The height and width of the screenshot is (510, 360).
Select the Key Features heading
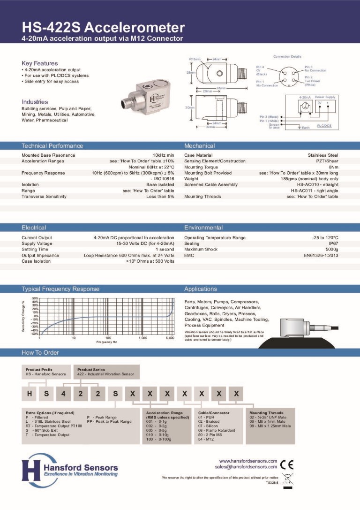[40, 63]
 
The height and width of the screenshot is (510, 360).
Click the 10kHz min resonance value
[164, 155]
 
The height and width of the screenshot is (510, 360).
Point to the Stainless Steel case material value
[323, 155]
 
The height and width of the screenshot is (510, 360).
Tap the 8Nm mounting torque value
[333, 167]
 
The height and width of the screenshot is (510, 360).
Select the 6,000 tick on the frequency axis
[170, 338]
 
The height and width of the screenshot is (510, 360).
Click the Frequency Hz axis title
[106, 343]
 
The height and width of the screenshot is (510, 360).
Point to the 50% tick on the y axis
[35, 298]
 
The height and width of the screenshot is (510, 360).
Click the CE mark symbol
[286, 464]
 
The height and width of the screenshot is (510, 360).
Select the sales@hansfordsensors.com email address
[246, 467]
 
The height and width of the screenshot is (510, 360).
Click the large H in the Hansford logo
[31, 467]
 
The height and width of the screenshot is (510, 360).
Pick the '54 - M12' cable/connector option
[206, 439]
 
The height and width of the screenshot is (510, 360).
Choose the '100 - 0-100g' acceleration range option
[159, 439]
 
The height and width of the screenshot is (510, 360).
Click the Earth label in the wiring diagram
[305, 128]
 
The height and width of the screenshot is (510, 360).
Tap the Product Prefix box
[46, 372]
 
